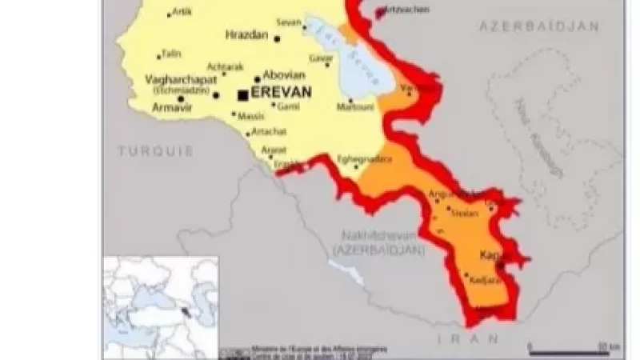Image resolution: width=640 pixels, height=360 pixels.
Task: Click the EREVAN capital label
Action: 281,94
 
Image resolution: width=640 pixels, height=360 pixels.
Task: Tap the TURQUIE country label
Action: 155,150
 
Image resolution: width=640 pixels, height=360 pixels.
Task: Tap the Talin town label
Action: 171,54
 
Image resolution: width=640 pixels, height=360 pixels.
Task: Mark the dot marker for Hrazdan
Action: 278,38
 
